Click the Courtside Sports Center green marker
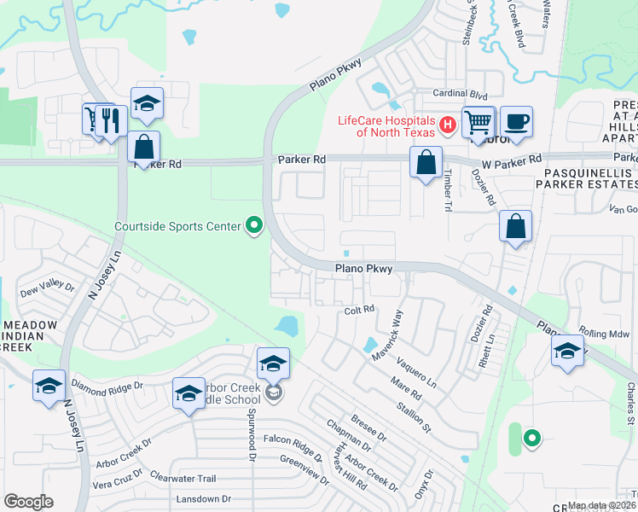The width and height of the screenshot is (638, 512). click(x=253, y=226)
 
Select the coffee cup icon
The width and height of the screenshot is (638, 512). click(x=515, y=121)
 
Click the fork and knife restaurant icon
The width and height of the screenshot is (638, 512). click(x=111, y=120)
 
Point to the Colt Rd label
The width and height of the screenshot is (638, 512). click(x=359, y=311)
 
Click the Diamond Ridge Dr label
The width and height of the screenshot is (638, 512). click(x=108, y=385)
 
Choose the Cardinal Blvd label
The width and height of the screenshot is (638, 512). click(x=459, y=94)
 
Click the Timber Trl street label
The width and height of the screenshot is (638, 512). click(x=446, y=188)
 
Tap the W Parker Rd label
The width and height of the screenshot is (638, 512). click(x=512, y=160)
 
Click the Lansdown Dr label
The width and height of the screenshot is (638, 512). click(x=203, y=498)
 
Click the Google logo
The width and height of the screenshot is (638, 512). click(x=28, y=501)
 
